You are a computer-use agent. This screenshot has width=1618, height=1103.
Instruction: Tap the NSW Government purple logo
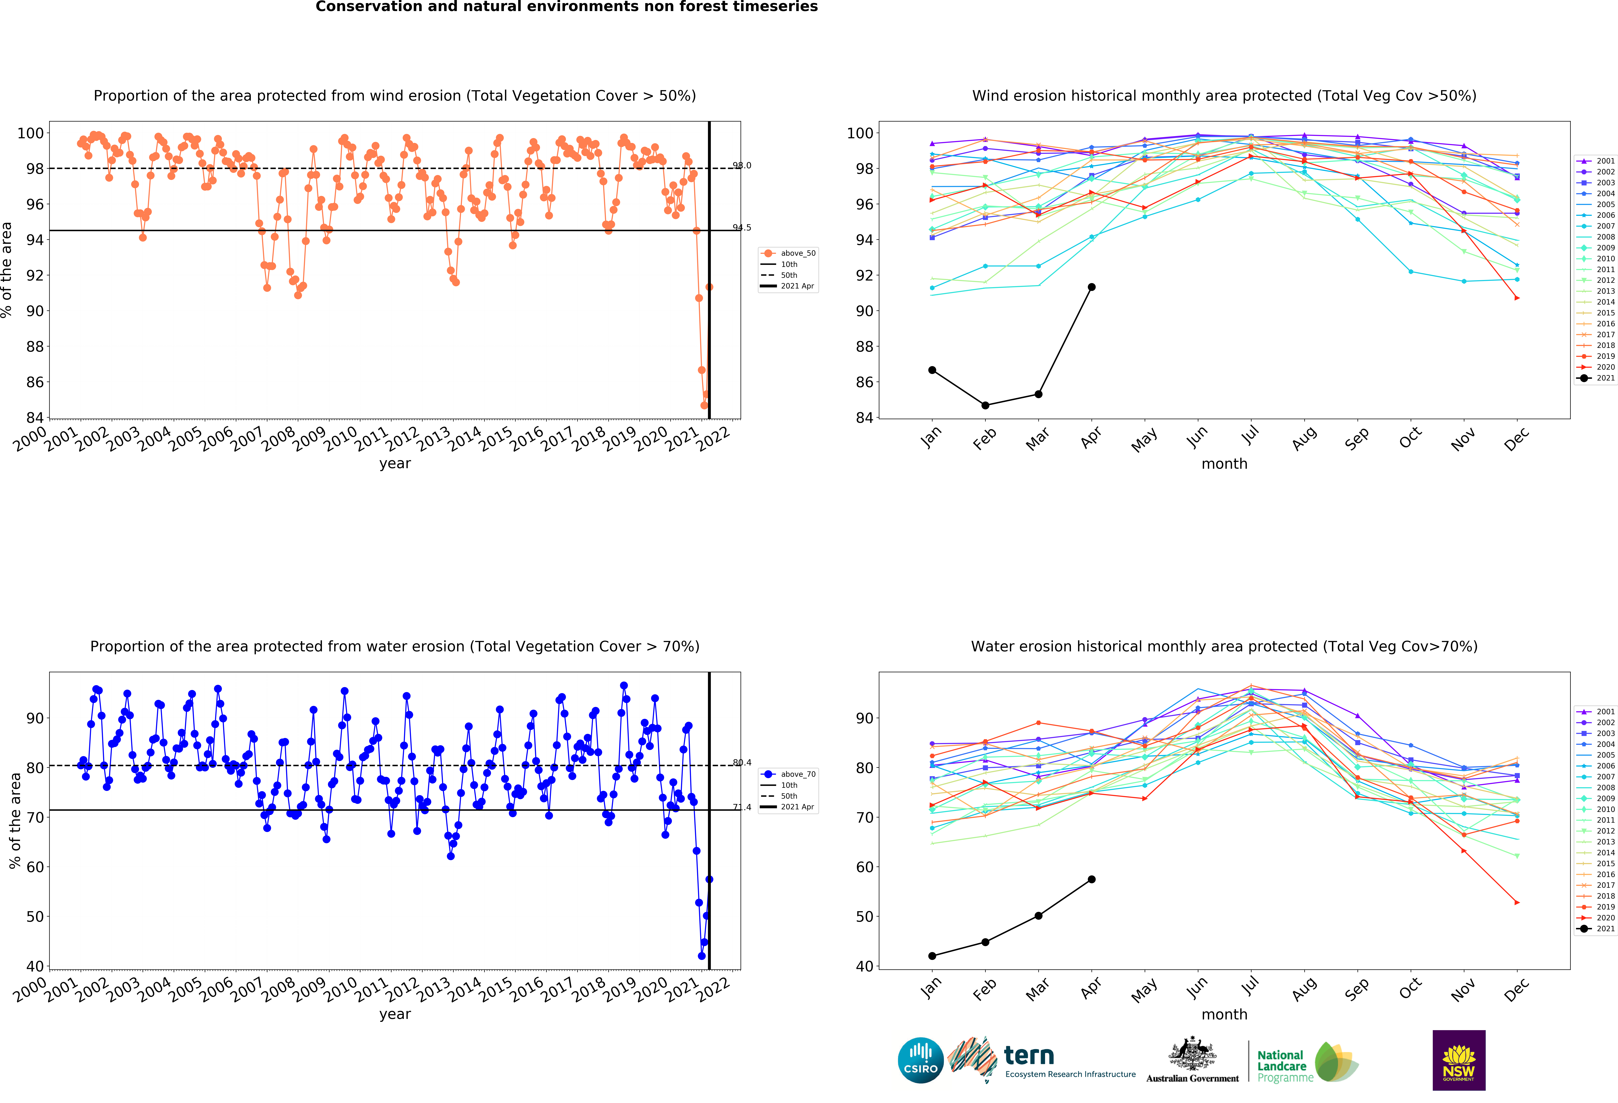[1458, 1060]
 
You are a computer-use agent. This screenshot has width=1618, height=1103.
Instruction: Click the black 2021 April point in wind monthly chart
[1092, 287]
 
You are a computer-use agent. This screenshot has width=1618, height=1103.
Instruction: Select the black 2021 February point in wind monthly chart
[985, 405]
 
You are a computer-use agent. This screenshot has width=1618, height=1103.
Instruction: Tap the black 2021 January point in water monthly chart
[932, 956]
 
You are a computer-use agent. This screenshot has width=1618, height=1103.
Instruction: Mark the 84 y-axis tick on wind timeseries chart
[35, 418]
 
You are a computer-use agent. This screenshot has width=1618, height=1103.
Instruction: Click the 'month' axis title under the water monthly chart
[1224, 1015]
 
